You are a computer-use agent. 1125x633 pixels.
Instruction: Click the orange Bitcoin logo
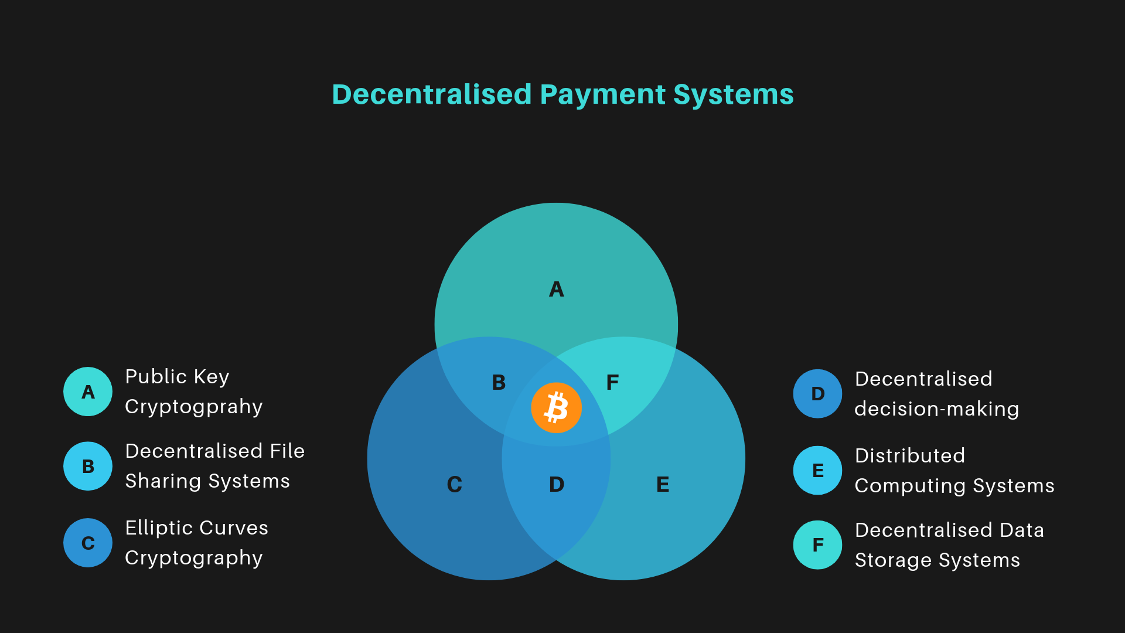tap(556, 408)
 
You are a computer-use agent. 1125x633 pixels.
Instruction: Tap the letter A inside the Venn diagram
tap(556, 289)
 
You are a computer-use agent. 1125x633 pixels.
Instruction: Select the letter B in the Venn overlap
tap(499, 383)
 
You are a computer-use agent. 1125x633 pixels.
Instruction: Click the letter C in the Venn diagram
tap(455, 484)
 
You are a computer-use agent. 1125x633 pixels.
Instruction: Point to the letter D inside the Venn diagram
tap(557, 484)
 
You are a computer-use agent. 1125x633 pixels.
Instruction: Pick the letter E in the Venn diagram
tap(663, 484)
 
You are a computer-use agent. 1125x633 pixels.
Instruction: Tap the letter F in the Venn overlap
tap(612, 383)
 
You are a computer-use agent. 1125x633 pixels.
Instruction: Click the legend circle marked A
tap(88, 392)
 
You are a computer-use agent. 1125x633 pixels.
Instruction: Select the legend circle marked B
tap(88, 466)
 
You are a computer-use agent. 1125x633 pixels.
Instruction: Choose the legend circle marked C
tap(88, 543)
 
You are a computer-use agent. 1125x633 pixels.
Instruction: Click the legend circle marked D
tap(817, 393)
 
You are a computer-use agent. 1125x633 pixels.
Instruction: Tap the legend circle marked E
tap(817, 470)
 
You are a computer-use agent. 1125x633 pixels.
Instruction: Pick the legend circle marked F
tap(817, 545)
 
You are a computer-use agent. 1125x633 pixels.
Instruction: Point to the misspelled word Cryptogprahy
tap(193, 407)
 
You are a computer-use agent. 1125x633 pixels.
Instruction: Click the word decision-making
tap(936, 409)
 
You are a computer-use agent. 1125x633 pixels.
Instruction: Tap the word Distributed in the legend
tap(909, 455)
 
